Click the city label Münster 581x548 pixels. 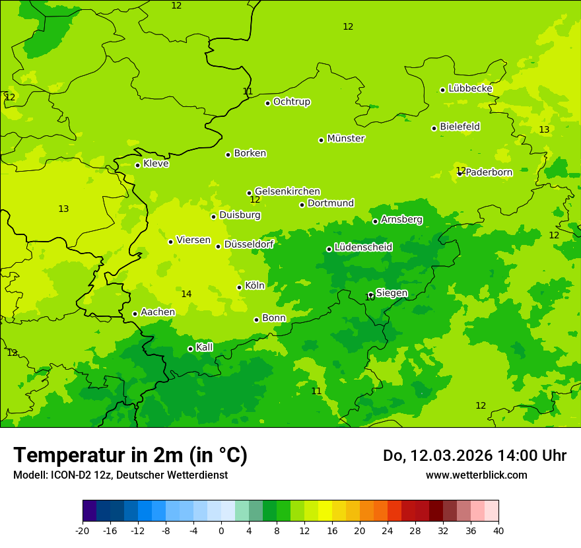point(345,139)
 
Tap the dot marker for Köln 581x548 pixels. point(239,287)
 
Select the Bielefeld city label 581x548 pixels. point(460,127)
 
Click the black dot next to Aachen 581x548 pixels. point(135,314)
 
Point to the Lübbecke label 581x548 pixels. point(470,88)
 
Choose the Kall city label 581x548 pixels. point(204,347)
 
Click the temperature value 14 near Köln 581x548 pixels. point(186,294)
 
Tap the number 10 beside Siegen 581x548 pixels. point(369,298)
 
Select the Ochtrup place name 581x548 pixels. point(291,102)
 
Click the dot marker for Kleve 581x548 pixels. point(137,165)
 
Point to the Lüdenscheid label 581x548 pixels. point(363,248)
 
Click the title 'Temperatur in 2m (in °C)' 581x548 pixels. point(130,456)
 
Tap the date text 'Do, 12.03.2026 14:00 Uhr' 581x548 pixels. point(474,456)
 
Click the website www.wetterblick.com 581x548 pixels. point(476,475)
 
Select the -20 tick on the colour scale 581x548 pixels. point(83,530)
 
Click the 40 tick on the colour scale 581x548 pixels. point(498,530)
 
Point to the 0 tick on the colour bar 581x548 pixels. point(221,530)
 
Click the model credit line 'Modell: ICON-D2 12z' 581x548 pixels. point(120,475)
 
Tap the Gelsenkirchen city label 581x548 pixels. point(287,191)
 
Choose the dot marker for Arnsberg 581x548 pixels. point(375,221)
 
